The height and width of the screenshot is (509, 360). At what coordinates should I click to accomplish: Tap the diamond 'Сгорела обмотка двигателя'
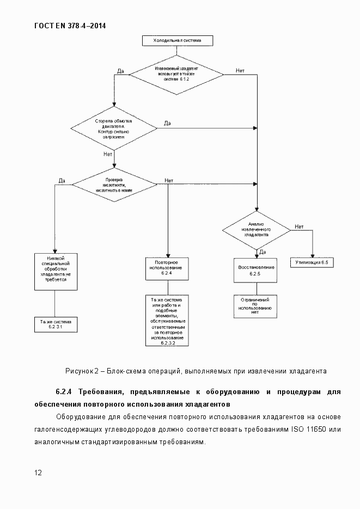pos(114,129)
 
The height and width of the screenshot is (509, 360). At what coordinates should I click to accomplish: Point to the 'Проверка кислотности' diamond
pos(114,185)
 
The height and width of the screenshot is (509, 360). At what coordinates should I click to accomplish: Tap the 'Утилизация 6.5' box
pos(311,262)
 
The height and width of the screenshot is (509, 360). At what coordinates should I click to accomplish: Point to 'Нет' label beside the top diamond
pos(240,71)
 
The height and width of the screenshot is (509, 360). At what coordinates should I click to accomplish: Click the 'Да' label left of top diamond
pos(121,71)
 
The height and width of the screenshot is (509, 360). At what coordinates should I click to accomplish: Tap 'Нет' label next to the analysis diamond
pos(298,226)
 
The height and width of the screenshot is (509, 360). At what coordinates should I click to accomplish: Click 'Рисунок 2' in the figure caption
pos(82,371)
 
